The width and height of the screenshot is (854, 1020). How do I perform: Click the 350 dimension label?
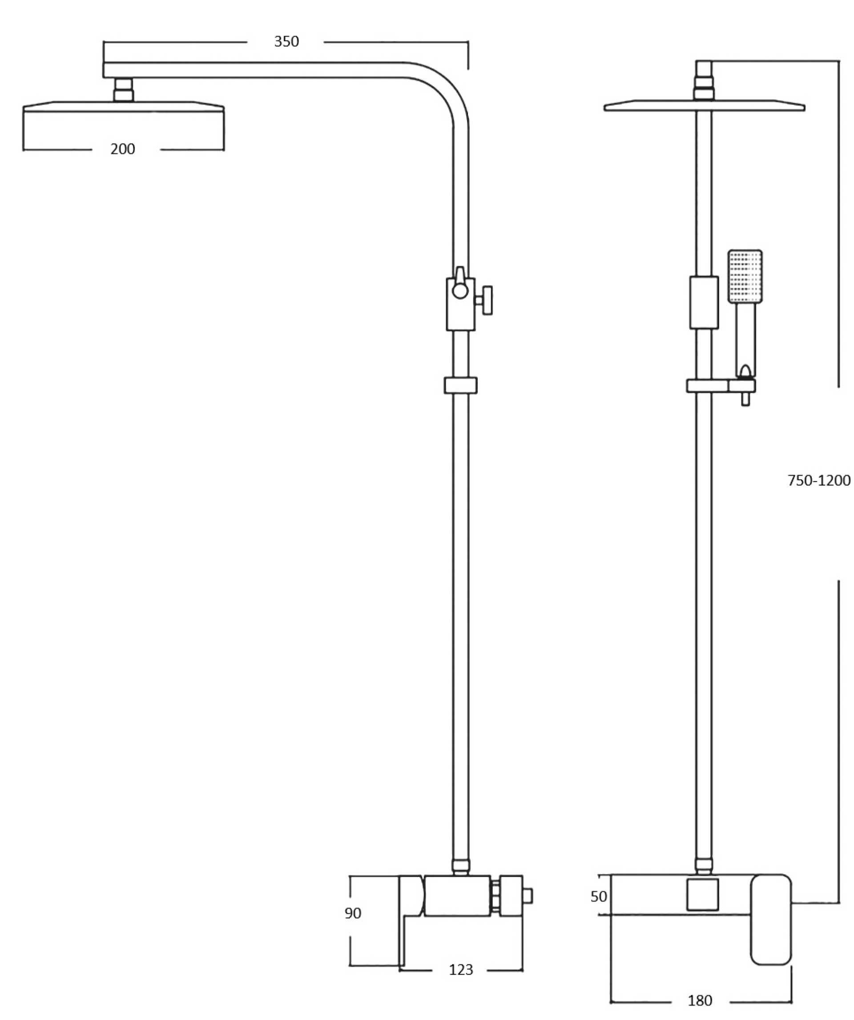(286, 42)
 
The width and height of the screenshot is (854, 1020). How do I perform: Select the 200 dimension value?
(122, 149)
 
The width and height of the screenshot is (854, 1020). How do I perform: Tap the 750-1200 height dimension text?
(818, 480)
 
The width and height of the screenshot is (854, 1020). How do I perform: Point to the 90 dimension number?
(353, 913)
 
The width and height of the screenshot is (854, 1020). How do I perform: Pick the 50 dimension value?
(599, 896)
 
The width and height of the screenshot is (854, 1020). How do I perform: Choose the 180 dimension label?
(700, 1000)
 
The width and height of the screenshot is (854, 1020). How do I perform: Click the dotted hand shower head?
(744, 276)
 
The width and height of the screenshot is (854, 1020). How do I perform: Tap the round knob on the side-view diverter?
(459, 290)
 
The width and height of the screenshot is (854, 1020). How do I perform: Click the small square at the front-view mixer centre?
(702, 894)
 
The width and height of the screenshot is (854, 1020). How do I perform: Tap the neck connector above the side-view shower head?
(123, 90)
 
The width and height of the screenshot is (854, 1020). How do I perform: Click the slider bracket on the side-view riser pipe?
(460, 385)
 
